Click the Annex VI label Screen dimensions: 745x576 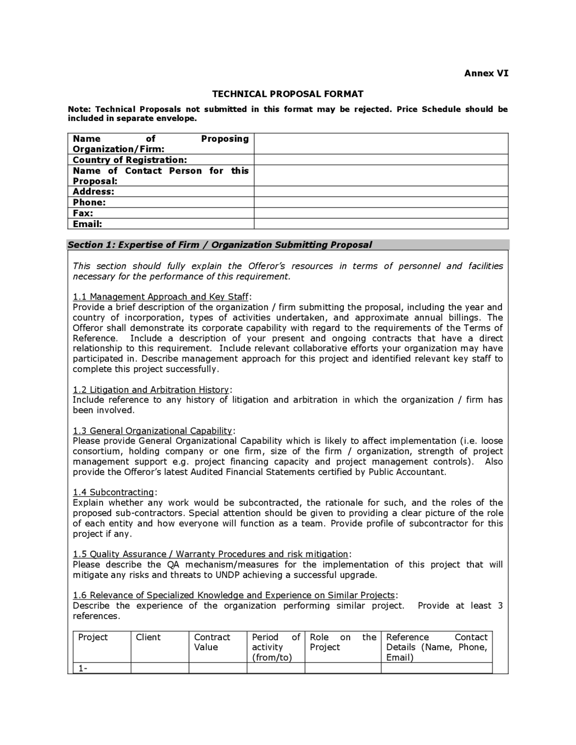click(486, 73)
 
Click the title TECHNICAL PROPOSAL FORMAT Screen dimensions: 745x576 click(288, 94)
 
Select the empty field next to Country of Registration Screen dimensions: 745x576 click(381, 160)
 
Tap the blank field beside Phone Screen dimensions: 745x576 click(381, 202)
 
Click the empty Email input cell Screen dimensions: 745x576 click(381, 224)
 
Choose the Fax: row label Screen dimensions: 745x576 click(83, 213)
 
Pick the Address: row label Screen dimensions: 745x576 click(94, 192)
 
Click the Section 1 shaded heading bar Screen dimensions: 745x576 click(288, 245)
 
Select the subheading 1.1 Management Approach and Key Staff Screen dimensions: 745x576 click(161, 297)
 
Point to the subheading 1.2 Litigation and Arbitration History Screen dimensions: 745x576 click(151, 390)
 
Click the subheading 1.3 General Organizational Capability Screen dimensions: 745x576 click(153, 431)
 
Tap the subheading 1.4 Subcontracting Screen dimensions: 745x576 click(113, 493)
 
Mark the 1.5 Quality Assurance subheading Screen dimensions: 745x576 click(211, 554)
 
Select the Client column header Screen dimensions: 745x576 click(148, 637)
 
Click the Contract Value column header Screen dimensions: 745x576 click(212, 642)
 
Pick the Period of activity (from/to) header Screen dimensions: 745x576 click(275, 647)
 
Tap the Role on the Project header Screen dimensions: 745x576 click(342, 642)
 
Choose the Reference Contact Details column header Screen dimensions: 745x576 click(436, 647)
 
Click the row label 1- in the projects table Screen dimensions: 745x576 click(83, 669)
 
